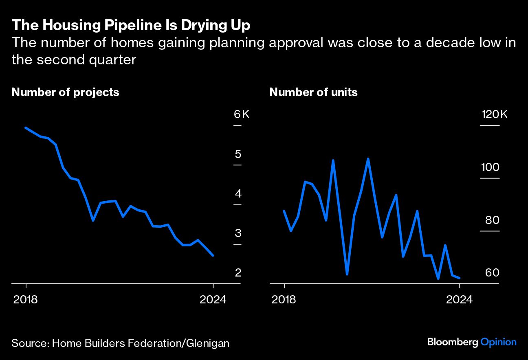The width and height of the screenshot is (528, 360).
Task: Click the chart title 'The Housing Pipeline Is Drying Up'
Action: coord(131,26)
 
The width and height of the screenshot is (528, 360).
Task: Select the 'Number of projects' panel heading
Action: coord(65,92)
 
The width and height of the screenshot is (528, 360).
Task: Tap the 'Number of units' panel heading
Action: coord(313,92)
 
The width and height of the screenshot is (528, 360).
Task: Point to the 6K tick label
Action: coord(242,114)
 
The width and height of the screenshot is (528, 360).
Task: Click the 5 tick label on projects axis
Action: coord(238,154)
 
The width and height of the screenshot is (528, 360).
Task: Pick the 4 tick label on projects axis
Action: coord(238,193)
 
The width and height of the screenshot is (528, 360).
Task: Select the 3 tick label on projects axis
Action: coord(238,233)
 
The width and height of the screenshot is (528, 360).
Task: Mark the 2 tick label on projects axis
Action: coord(238,272)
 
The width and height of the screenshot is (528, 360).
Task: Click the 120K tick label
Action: coord(494,114)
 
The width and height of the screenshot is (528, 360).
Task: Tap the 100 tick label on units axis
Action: coord(490,167)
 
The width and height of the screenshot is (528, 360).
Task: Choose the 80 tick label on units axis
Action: coord(492,220)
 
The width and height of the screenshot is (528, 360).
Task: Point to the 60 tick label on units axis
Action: coord(492,272)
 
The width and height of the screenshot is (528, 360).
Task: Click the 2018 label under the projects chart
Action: coord(26,300)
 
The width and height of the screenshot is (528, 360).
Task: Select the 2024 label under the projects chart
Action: coord(213,300)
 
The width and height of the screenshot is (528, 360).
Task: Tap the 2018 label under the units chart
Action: coord(284,300)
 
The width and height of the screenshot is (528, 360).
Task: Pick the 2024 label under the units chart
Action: coord(459,300)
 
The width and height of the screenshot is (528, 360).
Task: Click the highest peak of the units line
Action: coord(368,159)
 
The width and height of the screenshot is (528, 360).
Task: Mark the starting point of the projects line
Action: coord(26,128)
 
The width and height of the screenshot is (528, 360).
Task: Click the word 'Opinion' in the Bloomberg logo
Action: coord(498,342)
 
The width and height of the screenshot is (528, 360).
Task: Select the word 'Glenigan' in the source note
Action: coord(208,343)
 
